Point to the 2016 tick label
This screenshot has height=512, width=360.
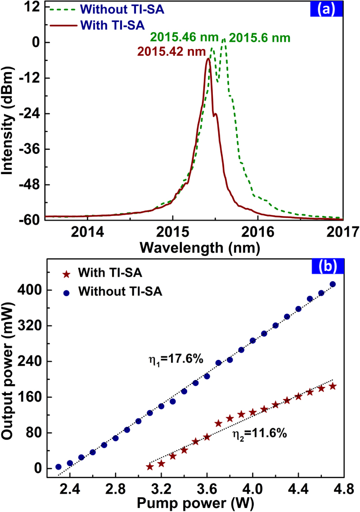257,232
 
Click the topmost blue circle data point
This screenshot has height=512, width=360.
333,284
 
